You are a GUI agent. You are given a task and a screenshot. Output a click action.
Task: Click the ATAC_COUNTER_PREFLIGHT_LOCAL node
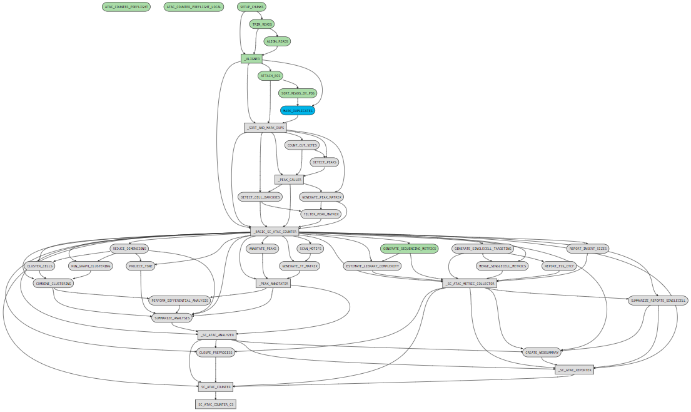point(194,7)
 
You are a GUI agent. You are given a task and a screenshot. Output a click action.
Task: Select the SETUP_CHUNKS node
point(252,7)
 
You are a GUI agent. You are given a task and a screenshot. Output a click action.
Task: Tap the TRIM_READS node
point(261,24)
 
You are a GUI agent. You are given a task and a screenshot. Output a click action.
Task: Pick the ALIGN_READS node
point(277,41)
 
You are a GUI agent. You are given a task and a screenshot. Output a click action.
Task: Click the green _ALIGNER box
point(251,59)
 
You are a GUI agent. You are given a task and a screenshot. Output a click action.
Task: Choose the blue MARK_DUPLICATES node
point(298,111)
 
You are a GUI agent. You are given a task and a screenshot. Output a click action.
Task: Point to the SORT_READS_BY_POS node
point(298,93)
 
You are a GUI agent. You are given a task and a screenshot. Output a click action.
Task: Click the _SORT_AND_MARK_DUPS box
point(265,128)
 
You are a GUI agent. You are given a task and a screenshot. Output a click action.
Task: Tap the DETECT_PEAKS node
point(324,162)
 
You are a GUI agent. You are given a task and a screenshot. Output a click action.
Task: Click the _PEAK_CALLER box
point(288,180)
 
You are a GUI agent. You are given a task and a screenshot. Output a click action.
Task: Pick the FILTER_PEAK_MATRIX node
point(321,214)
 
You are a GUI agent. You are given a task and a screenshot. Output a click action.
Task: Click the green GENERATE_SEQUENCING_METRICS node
point(410,249)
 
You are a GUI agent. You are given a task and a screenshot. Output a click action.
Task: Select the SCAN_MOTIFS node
point(311,249)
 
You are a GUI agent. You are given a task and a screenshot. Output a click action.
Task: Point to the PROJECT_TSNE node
point(141,266)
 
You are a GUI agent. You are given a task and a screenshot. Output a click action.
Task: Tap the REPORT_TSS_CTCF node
point(559,266)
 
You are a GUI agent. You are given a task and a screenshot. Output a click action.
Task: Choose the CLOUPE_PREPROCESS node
point(216,353)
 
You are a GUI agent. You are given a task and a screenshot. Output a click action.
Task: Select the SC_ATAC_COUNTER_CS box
point(216,404)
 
